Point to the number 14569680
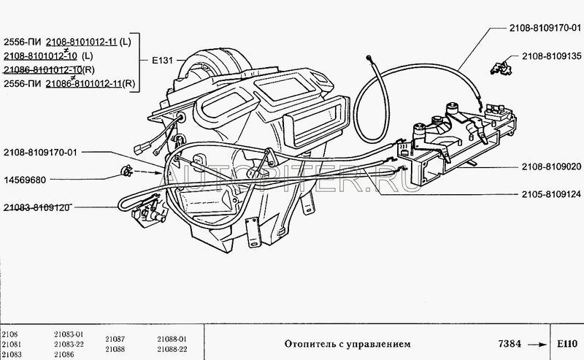[x=26, y=179]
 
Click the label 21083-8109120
[x=36, y=207]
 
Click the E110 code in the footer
[x=566, y=343]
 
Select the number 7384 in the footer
[x=510, y=343]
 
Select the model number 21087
[x=115, y=339]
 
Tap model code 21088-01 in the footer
[x=172, y=339]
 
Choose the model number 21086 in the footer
[x=64, y=354]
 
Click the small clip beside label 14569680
[x=125, y=172]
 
